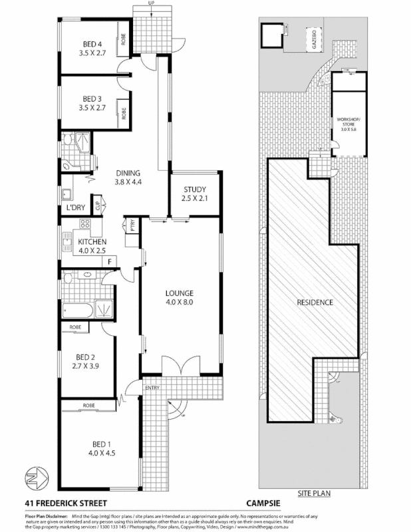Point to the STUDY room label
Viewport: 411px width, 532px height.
pyautogui.click(x=195, y=189)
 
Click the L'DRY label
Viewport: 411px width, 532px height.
pyautogui.click(x=75, y=207)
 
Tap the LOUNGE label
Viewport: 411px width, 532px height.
pyautogui.click(x=180, y=293)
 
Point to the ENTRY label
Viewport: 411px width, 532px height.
pyautogui.click(x=152, y=387)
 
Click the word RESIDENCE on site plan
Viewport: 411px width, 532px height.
pyautogui.click(x=315, y=302)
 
